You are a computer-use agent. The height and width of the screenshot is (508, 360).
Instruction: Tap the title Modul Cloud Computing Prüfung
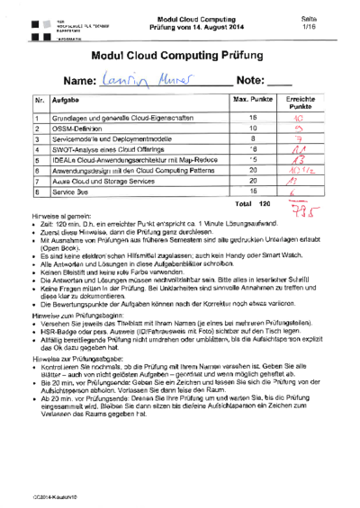point(180,56)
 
